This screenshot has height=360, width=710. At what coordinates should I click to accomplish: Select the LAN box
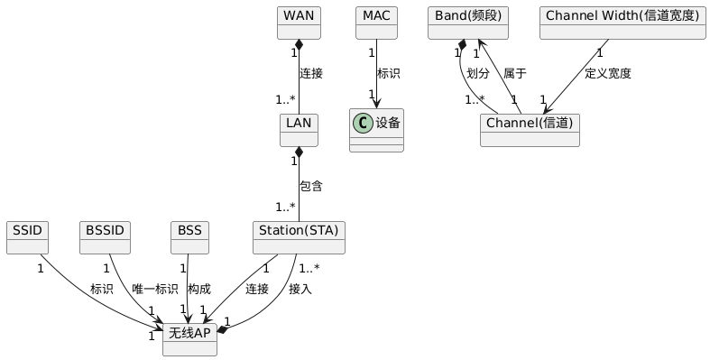[x=299, y=131]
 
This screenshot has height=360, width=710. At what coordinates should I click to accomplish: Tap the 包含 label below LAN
[x=311, y=186]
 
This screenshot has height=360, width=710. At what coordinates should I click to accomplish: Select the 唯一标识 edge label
[x=154, y=289]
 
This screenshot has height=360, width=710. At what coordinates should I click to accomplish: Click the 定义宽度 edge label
[x=608, y=73]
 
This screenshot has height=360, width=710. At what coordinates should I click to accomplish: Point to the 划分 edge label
[x=478, y=73]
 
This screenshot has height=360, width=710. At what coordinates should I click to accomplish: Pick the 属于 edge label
[x=515, y=73]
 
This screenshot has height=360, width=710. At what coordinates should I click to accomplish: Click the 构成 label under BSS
[x=199, y=289]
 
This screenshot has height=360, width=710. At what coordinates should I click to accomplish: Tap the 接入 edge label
[x=301, y=289]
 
